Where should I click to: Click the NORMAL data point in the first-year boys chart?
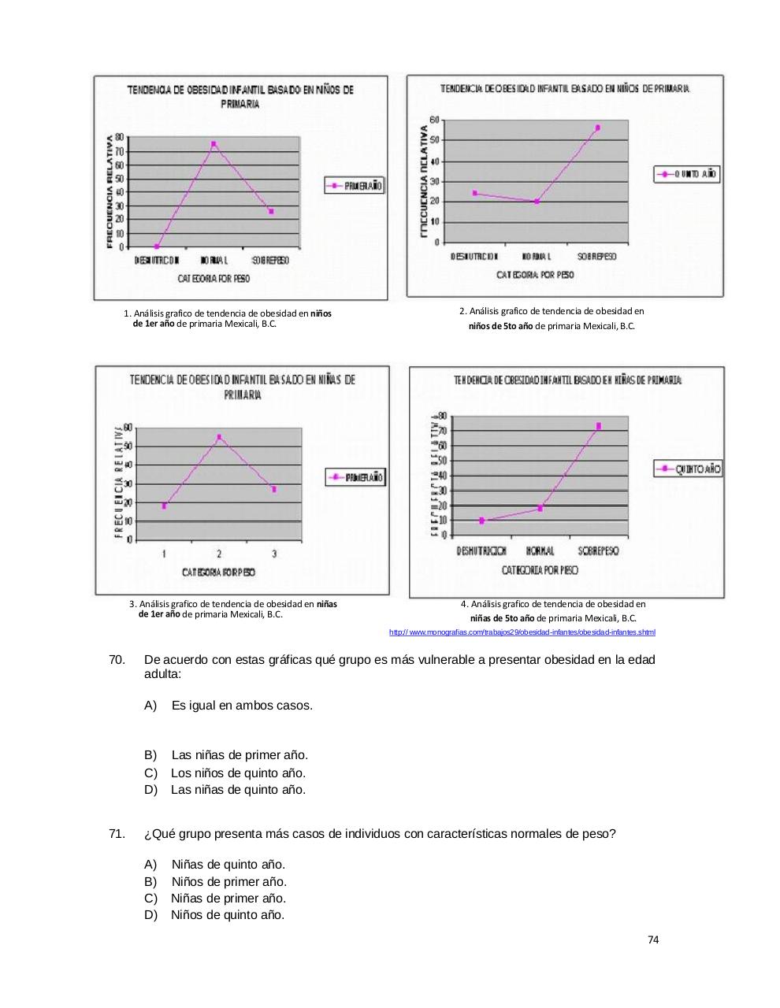(x=214, y=144)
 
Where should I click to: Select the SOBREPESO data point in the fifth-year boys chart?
(x=598, y=128)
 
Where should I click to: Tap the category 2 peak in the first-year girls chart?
(x=219, y=437)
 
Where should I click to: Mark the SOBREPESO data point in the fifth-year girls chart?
(x=599, y=426)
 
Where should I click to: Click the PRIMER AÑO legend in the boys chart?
(x=355, y=186)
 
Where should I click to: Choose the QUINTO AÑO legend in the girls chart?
(x=688, y=469)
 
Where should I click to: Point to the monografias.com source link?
(x=522, y=632)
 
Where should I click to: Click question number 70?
(x=117, y=660)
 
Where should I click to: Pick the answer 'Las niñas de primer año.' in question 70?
(x=240, y=755)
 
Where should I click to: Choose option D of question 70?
(x=238, y=790)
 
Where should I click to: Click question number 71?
(x=117, y=834)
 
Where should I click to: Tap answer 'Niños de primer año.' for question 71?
(x=228, y=882)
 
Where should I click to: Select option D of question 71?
(x=227, y=915)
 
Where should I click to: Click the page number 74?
(x=653, y=939)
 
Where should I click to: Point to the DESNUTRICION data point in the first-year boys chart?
(x=157, y=246)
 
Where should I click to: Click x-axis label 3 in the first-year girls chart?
(x=274, y=554)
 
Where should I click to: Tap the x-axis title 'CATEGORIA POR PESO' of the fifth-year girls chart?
(x=540, y=569)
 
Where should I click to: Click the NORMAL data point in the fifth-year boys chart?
(x=537, y=202)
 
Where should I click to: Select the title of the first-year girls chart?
(x=243, y=387)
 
